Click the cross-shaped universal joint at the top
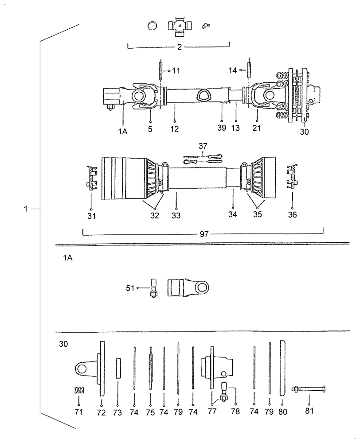click(178, 27)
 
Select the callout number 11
click(176, 71)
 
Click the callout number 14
click(232, 70)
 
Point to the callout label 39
click(221, 128)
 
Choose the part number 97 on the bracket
click(204, 234)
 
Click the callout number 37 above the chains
click(203, 147)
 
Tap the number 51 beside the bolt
click(130, 288)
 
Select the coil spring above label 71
click(78, 392)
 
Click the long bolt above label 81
click(309, 389)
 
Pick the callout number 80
click(283, 412)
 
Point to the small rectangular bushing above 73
click(118, 368)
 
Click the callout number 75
click(151, 412)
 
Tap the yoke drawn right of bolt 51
click(188, 288)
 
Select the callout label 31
click(91, 216)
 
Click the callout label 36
click(292, 215)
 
